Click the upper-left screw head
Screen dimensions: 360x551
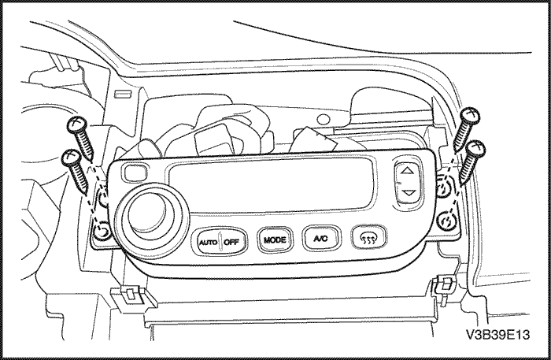tap(76, 124)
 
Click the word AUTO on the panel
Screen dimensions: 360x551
tap(208, 242)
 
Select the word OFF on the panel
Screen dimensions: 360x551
tap(231, 242)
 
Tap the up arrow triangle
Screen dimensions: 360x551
tap(407, 170)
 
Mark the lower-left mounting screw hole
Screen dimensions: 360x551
tap(101, 231)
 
